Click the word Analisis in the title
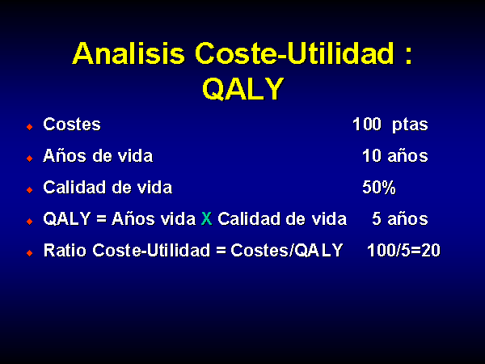[x=129, y=53]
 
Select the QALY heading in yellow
[x=243, y=88]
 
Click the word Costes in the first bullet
[x=72, y=125]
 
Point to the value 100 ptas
[x=390, y=125]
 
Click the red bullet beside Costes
[x=30, y=127]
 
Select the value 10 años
[x=395, y=155]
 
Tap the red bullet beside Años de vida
[x=30, y=159]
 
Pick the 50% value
[x=379, y=188]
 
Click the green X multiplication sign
[x=207, y=218]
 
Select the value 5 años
[x=399, y=218]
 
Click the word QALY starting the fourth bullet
[x=67, y=218]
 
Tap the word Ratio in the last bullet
[x=65, y=250]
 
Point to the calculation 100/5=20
[x=403, y=250]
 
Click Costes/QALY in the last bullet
[x=287, y=250]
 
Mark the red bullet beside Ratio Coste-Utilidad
[x=30, y=253]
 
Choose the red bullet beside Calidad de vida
[x=30, y=190]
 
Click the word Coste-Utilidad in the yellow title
[x=294, y=53]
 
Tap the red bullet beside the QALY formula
[x=30, y=222]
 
